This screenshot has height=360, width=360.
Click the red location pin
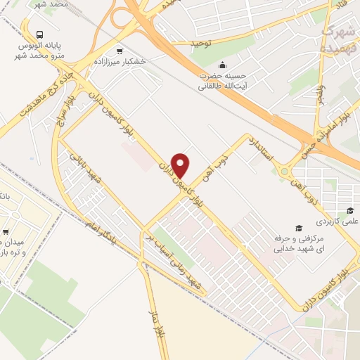pos(181,165)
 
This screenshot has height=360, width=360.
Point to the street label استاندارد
pos(260,148)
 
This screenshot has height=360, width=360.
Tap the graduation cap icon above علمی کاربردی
pos(349,210)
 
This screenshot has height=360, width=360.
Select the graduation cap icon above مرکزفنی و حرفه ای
pos(298,228)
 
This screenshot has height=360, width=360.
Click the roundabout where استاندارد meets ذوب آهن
pos(285,171)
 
